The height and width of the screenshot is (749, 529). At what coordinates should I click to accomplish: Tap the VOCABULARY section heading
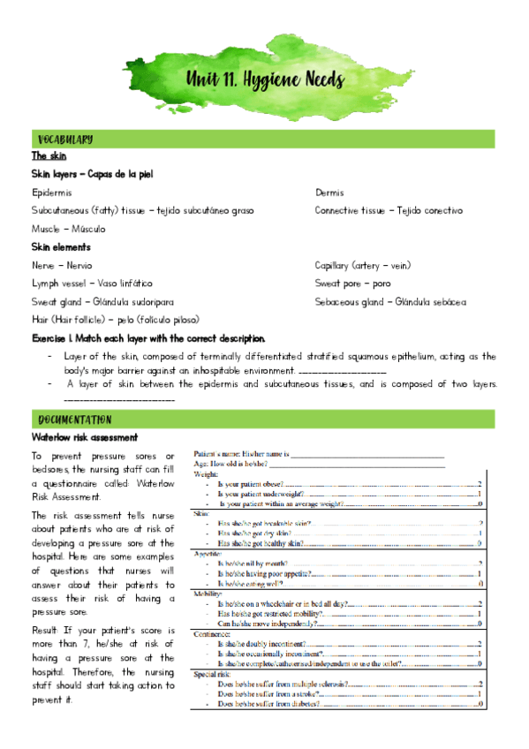tap(65, 140)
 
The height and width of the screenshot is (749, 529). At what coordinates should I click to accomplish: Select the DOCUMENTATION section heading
tap(73, 419)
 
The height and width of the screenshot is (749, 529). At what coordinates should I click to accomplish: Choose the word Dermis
tap(329, 193)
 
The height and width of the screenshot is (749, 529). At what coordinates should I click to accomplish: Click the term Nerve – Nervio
tap(62, 265)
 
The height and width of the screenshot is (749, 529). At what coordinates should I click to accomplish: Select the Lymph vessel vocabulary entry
tap(92, 283)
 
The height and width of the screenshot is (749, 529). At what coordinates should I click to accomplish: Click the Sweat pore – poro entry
tap(352, 283)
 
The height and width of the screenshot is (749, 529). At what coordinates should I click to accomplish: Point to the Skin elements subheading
tap(61, 247)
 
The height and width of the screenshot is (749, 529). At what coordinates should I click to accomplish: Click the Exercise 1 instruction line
tap(147, 338)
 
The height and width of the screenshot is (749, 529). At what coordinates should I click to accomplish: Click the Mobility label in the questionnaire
tap(208, 594)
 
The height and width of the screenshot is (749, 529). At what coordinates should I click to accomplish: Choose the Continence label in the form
tap(213, 634)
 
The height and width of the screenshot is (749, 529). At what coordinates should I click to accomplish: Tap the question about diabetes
tap(268, 704)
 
